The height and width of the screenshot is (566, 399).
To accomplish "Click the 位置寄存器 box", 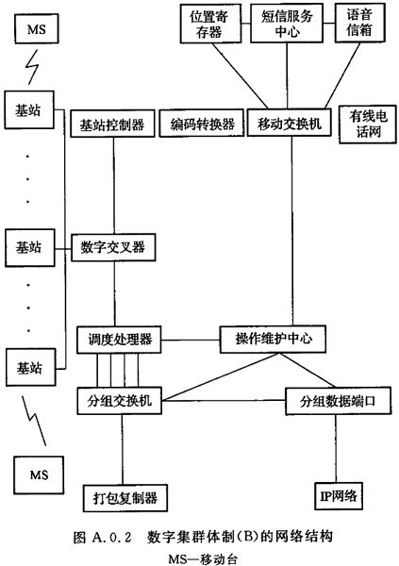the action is (x=210, y=25).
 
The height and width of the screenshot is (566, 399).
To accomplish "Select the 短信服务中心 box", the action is (x=287, y=24).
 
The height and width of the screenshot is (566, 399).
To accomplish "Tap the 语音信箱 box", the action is (x=359, y=23).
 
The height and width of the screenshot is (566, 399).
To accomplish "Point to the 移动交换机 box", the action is (x=289, y=123).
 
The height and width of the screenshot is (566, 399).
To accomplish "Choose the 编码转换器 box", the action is (x=202, y=124).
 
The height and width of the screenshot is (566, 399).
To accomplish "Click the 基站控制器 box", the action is (x=112, y=124).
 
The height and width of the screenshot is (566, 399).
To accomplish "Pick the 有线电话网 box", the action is (x=367, y=125).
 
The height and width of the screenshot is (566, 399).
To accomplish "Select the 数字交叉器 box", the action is (x=113, y=247).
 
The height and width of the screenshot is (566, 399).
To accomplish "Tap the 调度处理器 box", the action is (x=119, y=340).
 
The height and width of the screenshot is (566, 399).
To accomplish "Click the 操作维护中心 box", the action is (x=273, y=339).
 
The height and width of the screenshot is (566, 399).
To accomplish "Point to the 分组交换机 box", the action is (x=119, y=401).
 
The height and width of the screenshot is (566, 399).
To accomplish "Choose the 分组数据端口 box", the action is (x=338, y=401).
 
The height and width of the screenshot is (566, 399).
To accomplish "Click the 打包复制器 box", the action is (x=125, y=498).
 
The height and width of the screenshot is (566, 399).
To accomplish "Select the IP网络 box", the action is (x=339, y=496).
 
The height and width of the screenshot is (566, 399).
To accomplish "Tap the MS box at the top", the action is (x=37, y=29).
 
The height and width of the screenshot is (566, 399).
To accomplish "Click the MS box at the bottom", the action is (x=39, y=474).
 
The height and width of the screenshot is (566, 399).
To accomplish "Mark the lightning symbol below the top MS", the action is (x=32, y=68).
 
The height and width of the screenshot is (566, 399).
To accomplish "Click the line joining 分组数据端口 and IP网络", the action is (x=336, y=449).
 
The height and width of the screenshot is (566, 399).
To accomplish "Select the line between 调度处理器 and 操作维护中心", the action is (x=191, y=340).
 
